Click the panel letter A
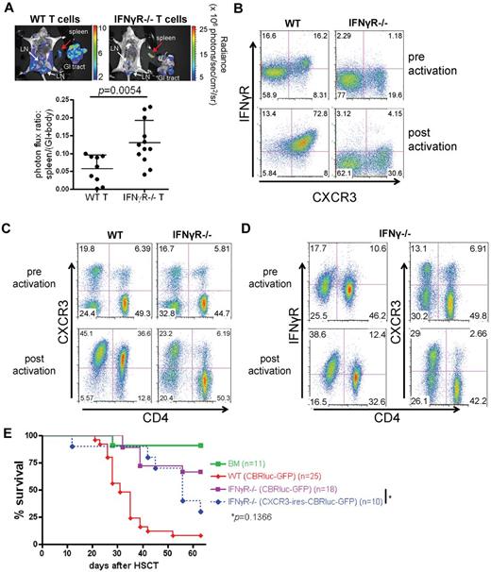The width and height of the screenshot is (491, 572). click(x=8, y=8)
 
